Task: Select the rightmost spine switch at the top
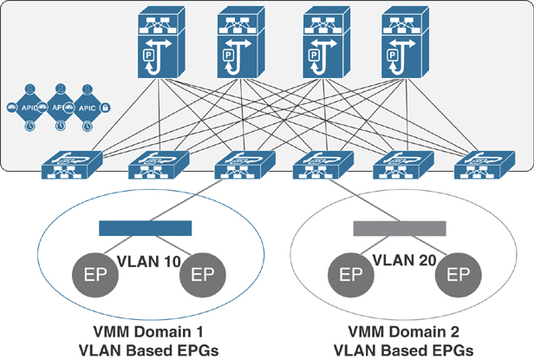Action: click(405, 43)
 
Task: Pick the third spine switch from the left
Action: click(322, 43)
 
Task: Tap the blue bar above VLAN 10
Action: click(145, 228)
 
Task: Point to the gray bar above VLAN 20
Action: click(400, 228)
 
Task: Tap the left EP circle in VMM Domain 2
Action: click(349, 277)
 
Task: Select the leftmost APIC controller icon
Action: click(29, 108)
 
